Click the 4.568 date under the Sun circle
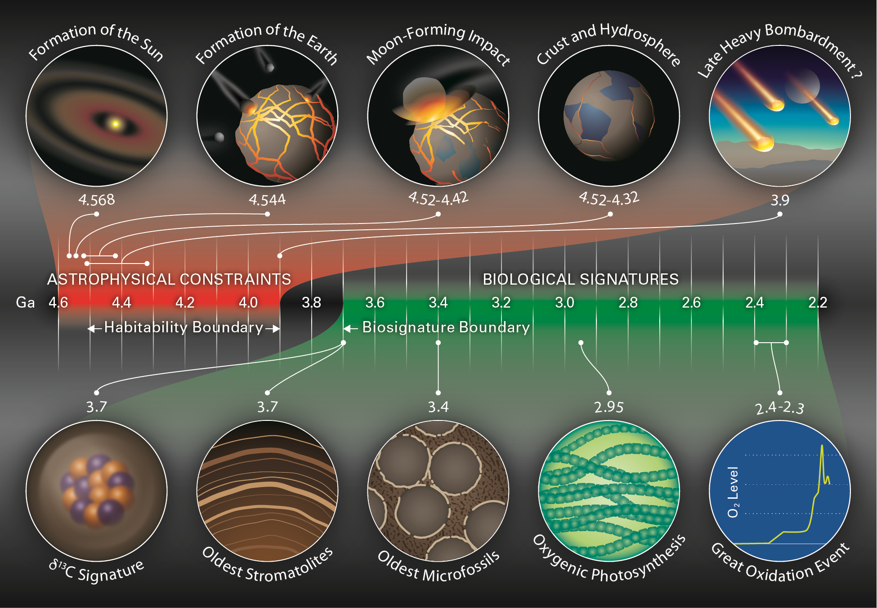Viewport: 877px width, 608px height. (x=97, y=200)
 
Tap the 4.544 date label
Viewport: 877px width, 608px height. (x=267, y=200)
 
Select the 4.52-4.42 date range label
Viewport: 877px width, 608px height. (x=438, y=198)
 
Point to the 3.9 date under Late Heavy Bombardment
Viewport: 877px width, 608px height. (x=780, y=200)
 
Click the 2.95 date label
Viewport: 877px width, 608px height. (x=609, y=407)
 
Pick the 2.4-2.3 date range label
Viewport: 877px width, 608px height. (x=779, y=407)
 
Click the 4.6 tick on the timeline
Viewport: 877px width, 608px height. (x=58, y=302)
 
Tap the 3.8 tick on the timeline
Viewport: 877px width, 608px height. (x=311, y=302)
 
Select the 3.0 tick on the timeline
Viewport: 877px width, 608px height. (x=564, y=302)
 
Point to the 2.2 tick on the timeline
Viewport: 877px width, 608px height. (x=818, y=302)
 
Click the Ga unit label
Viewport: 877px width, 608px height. (x=25, y=302)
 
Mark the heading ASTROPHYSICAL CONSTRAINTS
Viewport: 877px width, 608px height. (x=169, y=279)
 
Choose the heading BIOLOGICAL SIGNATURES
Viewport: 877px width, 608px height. (x=581, y=279)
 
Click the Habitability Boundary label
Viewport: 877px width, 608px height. (x=183, y=327)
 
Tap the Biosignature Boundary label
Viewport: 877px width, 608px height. (x=446, y=327)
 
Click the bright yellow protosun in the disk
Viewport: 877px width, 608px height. (x=116, y=124)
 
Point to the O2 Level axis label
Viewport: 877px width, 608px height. (x=733, y=492)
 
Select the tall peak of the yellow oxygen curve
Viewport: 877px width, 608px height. (x=822, y=446)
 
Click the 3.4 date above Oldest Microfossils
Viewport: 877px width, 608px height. (x=438, y=407)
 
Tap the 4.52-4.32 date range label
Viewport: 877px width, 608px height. (x=609, y=198)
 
